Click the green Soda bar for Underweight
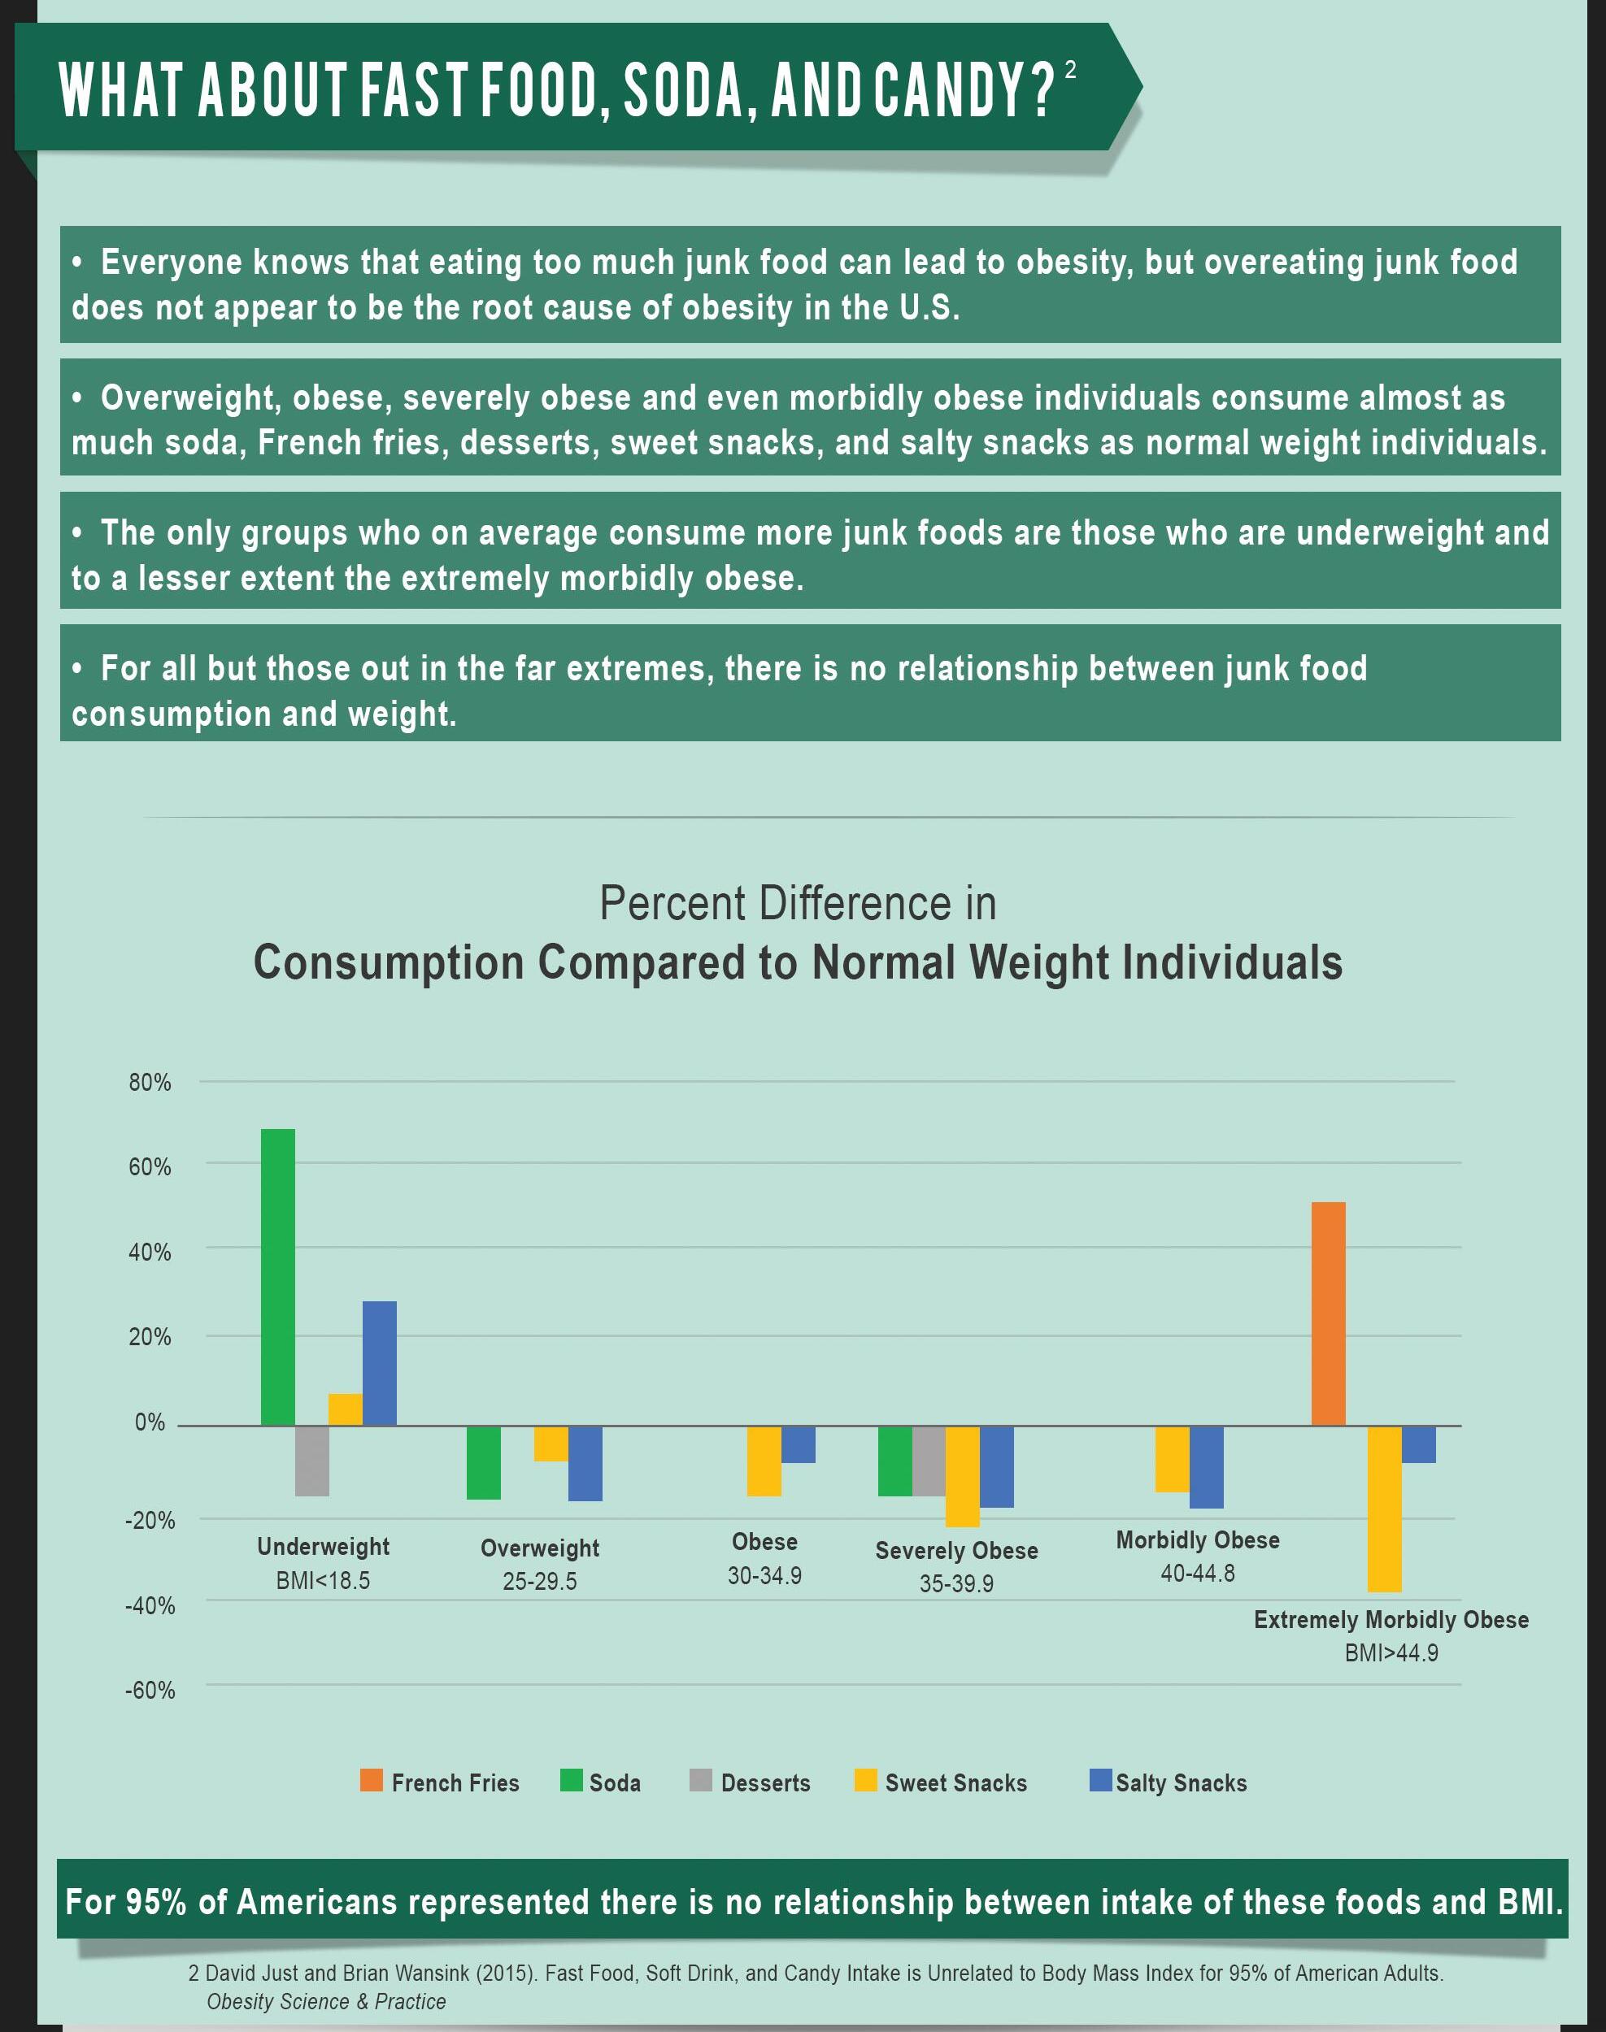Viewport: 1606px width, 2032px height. (x=277, y=1276)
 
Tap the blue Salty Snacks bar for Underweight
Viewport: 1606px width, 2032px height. (x=380, y=1363)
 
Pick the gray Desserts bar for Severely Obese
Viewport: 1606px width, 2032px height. (x=929, y=1461)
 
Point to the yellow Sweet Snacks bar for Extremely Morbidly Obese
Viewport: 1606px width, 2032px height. (x=1384, y=1509)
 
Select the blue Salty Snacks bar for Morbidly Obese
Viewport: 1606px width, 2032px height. (x=1207, y=1467)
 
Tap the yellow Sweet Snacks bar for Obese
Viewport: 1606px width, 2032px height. (x=764, y=1461)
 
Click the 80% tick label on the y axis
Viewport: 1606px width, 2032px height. (x=150, y=1083)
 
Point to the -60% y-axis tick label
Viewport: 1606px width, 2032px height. (x=150, y=1691)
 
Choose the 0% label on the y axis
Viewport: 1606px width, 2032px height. (x=150, y=1422)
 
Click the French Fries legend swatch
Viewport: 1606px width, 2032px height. (x=372, y=1780)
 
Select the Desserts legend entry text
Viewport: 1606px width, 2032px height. (x=765, y=1783)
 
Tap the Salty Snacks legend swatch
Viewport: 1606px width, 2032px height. (x=1100, y=1780)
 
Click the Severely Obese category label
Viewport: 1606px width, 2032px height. (x=956, y=1551)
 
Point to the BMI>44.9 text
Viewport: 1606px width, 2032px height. (x=1391, y=1653)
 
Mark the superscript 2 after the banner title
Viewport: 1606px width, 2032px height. (x=1070, y=70)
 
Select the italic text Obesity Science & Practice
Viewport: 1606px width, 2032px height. (x=326, y=2001)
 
